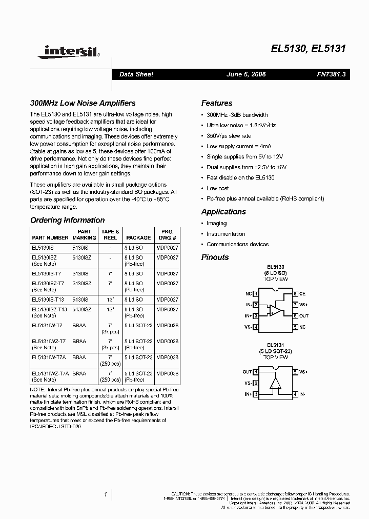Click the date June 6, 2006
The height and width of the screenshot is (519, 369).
click(x=246, y=74)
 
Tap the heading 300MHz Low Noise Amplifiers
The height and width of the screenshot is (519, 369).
click(x=83, y=103)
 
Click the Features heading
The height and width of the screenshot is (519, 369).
click(x=216, y=103)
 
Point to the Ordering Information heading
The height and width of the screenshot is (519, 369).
click(x=67, y=220)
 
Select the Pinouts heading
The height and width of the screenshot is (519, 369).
click(x=215, y=257)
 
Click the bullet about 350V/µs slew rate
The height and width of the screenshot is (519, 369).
click(x=229, y=136)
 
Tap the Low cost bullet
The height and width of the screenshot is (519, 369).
click(x=217, y=188)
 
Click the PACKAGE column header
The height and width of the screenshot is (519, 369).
click(x=138, y=238)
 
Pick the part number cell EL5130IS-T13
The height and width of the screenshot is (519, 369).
click(x=49, y=299)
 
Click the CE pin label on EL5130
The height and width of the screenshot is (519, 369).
click(x=303, y=294)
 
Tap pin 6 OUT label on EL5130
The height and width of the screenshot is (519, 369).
click(x=304, y=316)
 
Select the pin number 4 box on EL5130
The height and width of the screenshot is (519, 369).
click(x=255, y=327)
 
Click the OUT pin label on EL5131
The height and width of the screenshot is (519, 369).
click(x=247, y=372)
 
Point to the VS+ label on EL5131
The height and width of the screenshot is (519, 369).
click(x=303, y=372)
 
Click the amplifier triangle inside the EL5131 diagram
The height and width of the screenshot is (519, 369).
click(x=276, y=384)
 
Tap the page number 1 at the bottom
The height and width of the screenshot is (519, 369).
click(x=105, y=494)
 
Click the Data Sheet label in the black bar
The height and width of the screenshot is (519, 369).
click(x=136, y=74)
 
